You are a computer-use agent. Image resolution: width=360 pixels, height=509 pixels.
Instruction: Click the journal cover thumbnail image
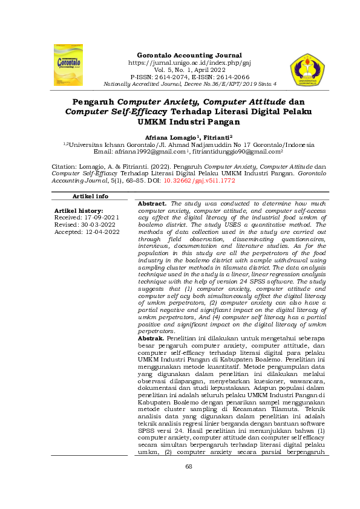point(68,64)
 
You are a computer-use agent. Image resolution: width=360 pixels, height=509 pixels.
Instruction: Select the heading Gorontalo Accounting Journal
point(189,55)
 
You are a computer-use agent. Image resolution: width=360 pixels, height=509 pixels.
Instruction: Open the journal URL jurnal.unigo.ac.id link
point(189,62)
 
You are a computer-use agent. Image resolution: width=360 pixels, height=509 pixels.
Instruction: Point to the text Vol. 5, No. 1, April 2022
point(189,70)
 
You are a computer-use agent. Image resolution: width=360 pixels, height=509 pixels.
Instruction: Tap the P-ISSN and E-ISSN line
point(189,77)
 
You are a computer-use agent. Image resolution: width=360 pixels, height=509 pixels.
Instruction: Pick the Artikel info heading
point(90,196)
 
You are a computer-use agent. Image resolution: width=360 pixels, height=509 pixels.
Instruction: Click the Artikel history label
point(79,210)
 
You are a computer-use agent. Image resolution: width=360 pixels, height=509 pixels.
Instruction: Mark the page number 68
point(189,482)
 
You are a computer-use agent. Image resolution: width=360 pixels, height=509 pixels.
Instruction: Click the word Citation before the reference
point(64,165)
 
